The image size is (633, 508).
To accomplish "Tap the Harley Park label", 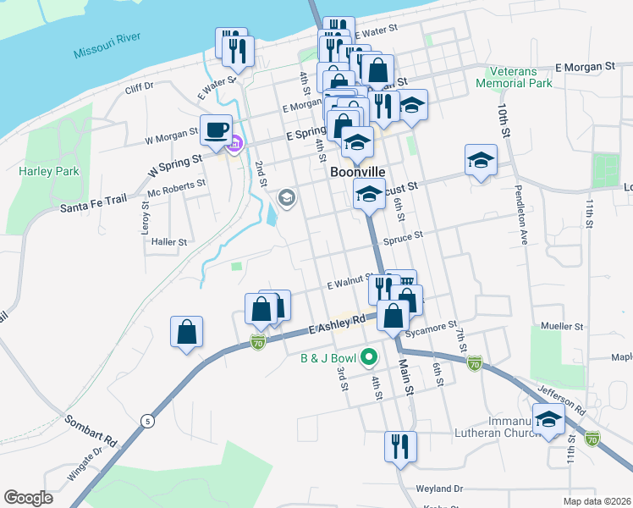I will (x=49, y=171).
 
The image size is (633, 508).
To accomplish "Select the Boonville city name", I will (x=358, y=171).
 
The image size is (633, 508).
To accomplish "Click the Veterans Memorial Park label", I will (x=514, y=78).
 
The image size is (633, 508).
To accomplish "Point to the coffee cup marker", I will (x=216, y=129).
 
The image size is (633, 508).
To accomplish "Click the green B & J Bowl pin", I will (x=368, y=358).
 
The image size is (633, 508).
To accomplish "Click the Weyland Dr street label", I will (x=440, y=489).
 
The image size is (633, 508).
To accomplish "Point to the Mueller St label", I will (x=563, y=326).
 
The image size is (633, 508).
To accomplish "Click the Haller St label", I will (x=168, y=242).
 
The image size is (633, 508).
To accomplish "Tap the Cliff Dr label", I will (x=139, y=86).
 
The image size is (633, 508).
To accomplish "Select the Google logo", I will (x=28, y=498).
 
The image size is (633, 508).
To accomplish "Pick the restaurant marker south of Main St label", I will (x=398, y=445).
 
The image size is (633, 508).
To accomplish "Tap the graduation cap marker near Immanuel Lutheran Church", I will (x=549, y=419).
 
